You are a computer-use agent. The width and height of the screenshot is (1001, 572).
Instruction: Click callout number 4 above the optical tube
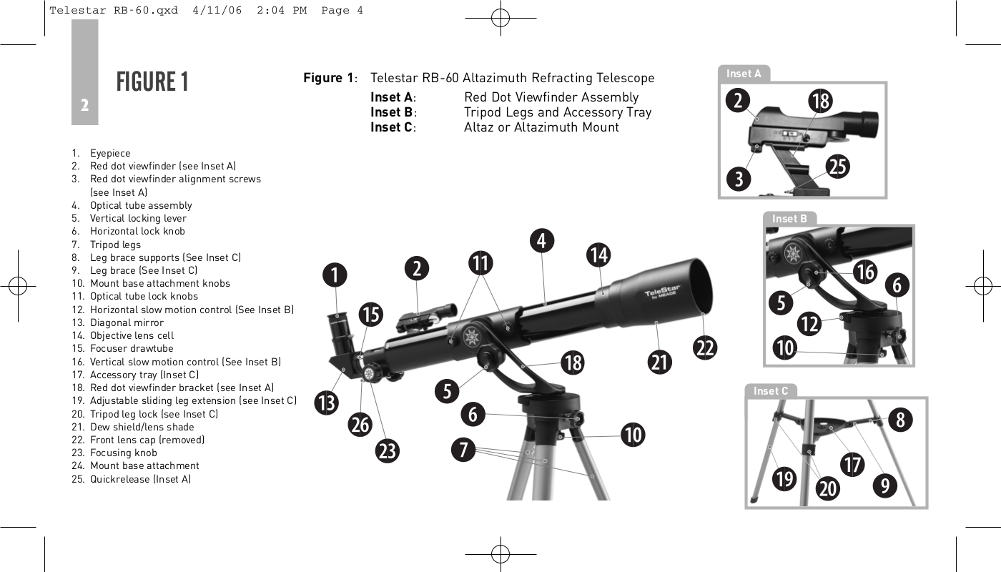coord(542,240)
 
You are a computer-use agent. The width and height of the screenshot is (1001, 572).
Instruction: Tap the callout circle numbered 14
coord(598,254)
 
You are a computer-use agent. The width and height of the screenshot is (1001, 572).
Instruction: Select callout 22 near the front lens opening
coord(705,347)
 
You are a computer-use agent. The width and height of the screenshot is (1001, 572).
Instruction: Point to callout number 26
coord(360,424)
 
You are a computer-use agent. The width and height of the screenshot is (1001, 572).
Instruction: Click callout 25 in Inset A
coord(838,166)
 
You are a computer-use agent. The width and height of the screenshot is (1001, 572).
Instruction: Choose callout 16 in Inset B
coord(865,271)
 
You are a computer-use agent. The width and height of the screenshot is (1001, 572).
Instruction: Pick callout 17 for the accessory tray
coord(852,464)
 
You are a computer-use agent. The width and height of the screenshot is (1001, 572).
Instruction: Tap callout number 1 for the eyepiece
coord(334,274)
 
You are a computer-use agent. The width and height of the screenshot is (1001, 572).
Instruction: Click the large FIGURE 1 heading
coord(152,82)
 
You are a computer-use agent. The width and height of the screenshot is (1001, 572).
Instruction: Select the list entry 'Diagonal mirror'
coord(127,322)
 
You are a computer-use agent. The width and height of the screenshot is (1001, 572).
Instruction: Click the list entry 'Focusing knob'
coord(123,453)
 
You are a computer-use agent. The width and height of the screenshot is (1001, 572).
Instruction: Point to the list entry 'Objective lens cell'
coord(132,335)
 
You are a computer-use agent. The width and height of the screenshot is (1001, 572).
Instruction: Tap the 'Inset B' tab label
coord(789,219)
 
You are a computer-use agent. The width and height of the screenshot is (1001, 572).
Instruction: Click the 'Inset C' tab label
coord(771,391)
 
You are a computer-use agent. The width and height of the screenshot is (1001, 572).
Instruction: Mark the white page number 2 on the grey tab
coord(84,106)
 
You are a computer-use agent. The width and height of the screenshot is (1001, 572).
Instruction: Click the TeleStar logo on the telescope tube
coord(662,294)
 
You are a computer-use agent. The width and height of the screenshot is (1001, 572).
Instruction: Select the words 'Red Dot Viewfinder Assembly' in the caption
coord(551,97)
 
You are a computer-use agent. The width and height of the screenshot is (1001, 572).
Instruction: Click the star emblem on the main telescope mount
coord(471,336)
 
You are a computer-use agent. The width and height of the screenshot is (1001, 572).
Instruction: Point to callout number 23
coord(388,451)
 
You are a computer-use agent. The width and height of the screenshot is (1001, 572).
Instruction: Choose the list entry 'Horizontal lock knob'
coord(137,231)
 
